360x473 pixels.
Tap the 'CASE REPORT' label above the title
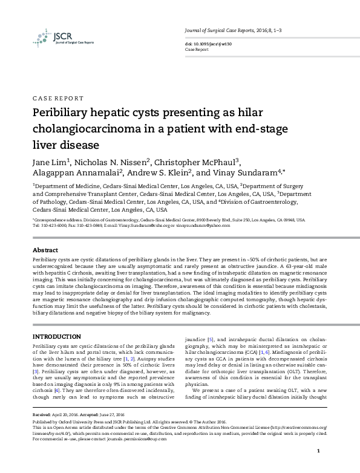click(x=57, y=98)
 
